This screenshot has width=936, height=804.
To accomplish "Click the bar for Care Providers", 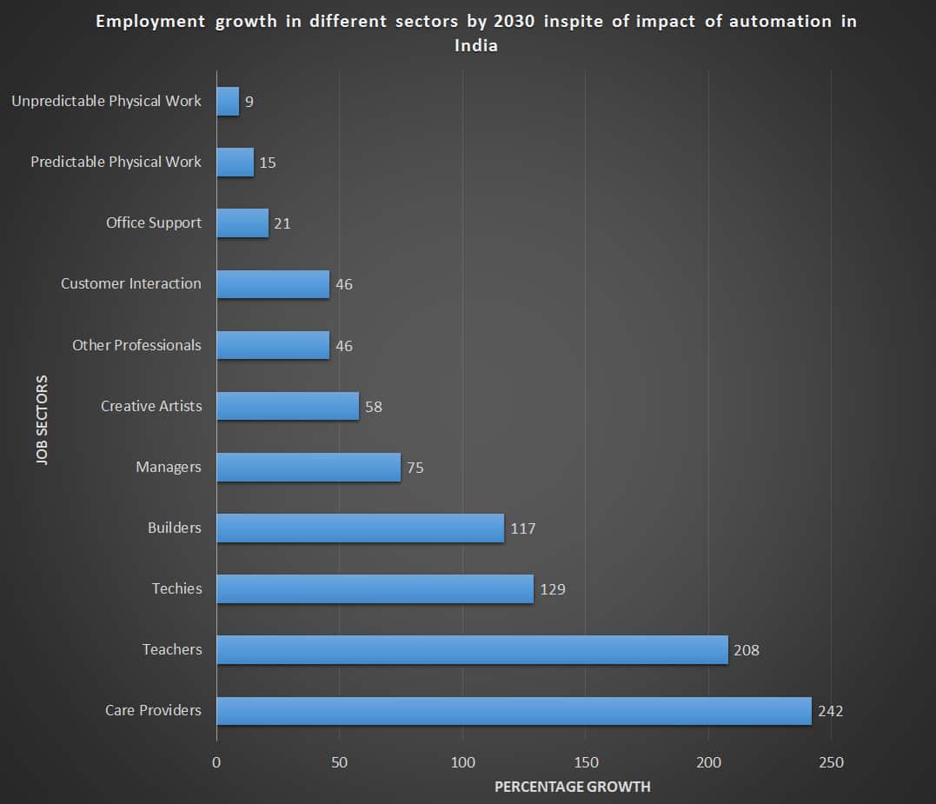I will (x=514, y=711).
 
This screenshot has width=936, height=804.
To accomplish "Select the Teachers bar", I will (x=472, y=650).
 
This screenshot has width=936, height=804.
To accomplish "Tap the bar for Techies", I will (x=375, y=589).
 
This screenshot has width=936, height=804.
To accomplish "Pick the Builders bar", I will (x=360, y=528).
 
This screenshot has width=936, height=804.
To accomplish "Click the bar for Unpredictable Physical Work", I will (x=228, y=102).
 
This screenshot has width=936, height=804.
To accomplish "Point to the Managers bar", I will (x=309, y=468).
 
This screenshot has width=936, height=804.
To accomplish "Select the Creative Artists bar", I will (x=288, y=406).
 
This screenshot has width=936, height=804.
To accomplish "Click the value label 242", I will (x=830, y=711).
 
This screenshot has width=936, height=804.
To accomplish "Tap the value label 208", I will (x=746, y=650).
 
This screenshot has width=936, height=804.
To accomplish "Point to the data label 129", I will (x=552, y=589).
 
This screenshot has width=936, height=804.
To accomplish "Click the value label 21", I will (x=282, y=223).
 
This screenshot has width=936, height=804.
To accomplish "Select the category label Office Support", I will (x=154, y=223).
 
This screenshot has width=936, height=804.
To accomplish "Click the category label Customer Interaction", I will (x=130, y=283).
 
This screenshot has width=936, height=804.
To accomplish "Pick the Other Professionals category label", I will (x=136, y=345).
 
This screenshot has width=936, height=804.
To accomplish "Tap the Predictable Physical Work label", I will (x=116, y=162).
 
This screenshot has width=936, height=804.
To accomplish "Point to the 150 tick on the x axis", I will (x=586, y=762).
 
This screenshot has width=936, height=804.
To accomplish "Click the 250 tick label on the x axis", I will (x=831, y=762).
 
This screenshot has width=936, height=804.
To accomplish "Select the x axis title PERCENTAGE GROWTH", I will (x=572, y=787).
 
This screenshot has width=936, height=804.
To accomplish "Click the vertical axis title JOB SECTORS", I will (x=43, y=421).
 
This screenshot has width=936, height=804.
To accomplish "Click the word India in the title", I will (x=476, y=45).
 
